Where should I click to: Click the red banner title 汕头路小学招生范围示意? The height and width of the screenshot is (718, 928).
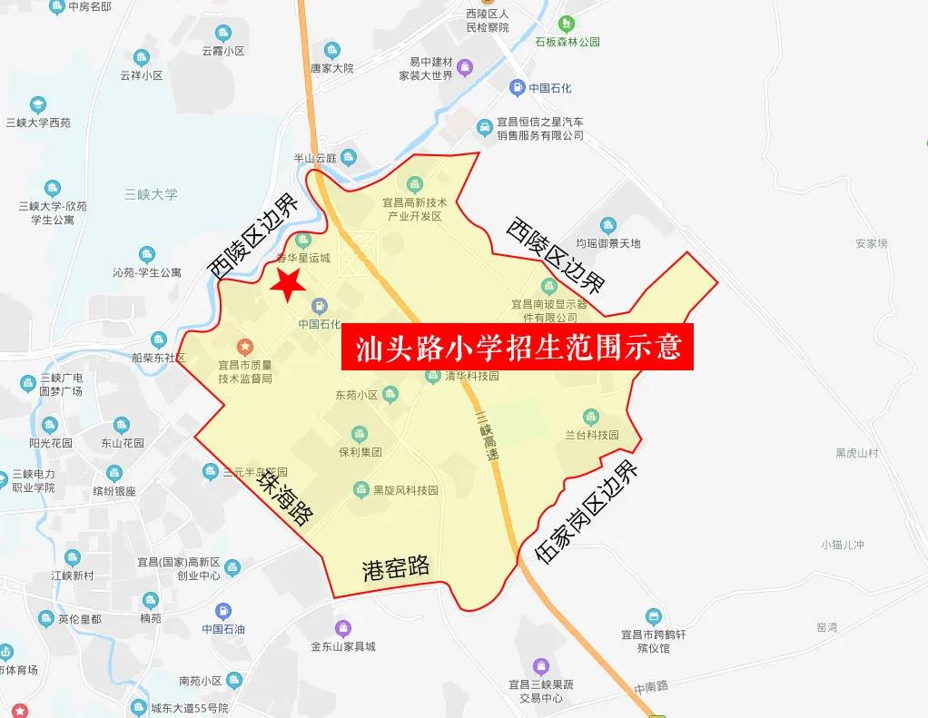click(x=518, y=348)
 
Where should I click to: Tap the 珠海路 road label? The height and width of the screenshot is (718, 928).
click(x=284, y=498)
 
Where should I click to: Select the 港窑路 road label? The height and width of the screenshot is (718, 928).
click(x=395, y=567)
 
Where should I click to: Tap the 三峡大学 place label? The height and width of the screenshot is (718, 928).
click(x=151, y=194)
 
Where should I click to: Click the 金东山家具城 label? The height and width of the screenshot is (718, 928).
click(x=343, y=646)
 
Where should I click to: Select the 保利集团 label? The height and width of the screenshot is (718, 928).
click(x=360, y=451)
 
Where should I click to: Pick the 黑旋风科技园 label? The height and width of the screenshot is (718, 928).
click(x=405, y=490)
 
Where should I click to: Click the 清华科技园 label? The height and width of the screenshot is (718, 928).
click(x=472, y=375)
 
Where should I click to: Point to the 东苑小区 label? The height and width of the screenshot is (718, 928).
click(x=356, y=395)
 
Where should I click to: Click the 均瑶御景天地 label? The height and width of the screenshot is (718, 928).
click(x=608, y=243)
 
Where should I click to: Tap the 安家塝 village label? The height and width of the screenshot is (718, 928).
click(x=871, y=243)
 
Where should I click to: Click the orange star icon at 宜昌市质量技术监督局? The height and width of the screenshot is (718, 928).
click(x=244, y=346)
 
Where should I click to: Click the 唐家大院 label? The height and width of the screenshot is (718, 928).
click(x=331, y=68)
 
